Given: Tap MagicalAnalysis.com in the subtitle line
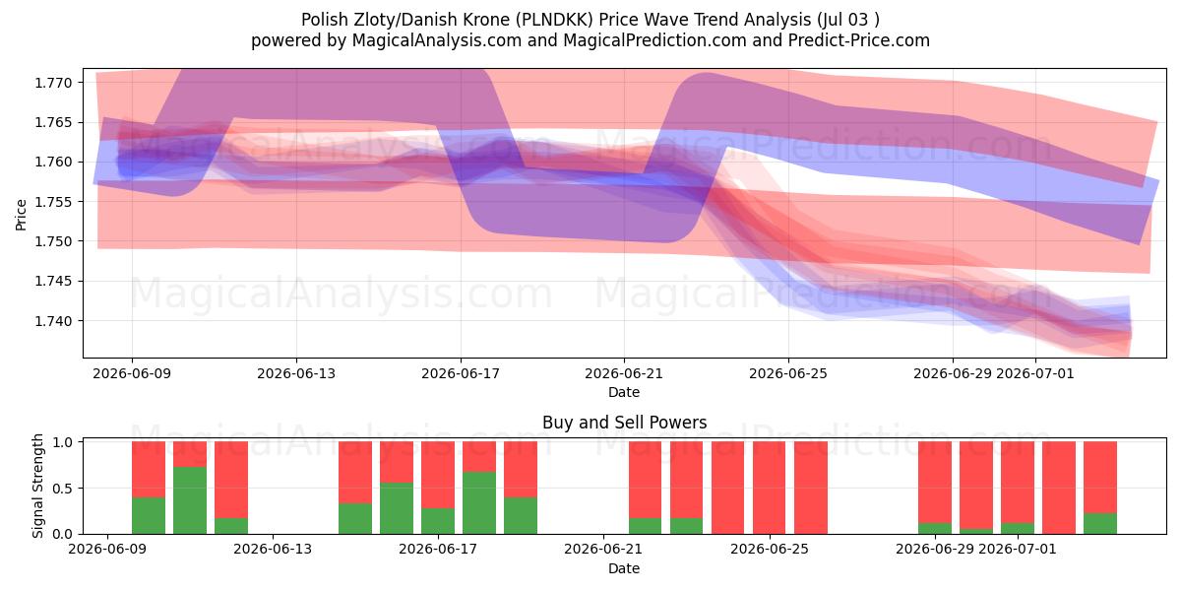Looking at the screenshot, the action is (437, 40).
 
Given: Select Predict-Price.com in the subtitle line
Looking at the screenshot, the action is (859, 40).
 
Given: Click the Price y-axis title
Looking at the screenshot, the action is (21, 215).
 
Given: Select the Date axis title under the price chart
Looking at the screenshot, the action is (624, 393).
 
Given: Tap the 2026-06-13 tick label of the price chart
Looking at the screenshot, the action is (296, 373).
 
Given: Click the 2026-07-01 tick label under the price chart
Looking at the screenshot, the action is (1035, 373).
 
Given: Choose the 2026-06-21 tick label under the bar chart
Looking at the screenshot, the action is (603, 550).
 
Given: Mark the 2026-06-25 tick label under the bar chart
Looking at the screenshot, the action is (770, 550).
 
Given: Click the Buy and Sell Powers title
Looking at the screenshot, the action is (624, 423).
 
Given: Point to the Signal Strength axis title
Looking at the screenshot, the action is (37, 486).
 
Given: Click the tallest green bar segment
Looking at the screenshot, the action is (190, 500).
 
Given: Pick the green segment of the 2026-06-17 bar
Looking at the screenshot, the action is (438, 521).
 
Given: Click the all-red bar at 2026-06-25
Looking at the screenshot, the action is (770, 488).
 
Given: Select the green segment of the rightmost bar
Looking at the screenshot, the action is (1100, 523).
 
